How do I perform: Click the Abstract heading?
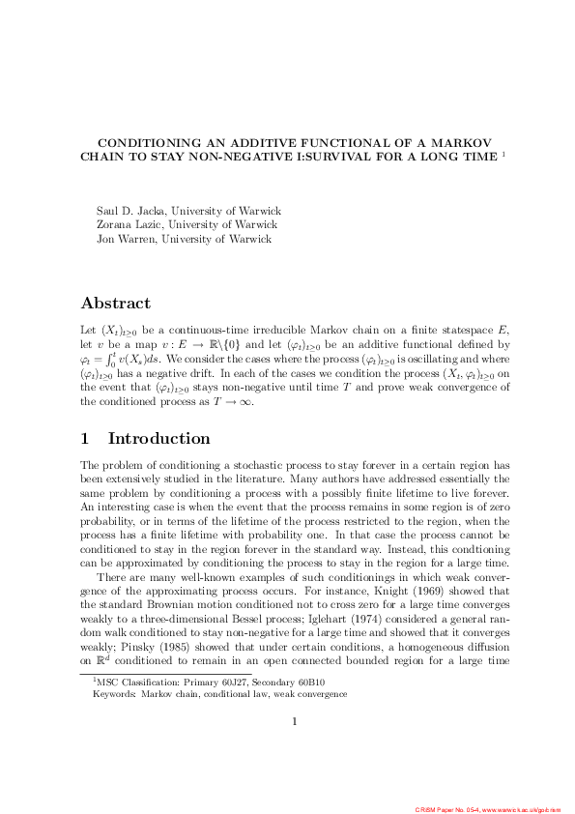[x=115, y=303]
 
